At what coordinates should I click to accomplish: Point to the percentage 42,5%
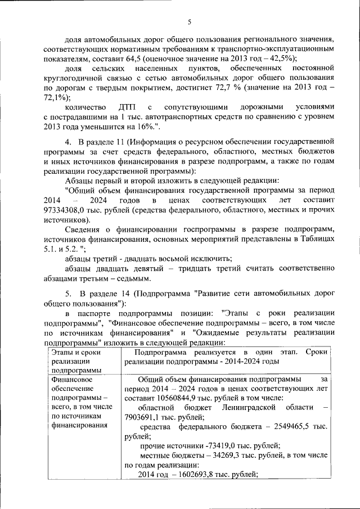[282, 58]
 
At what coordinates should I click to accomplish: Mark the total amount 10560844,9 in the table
[170, 398]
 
